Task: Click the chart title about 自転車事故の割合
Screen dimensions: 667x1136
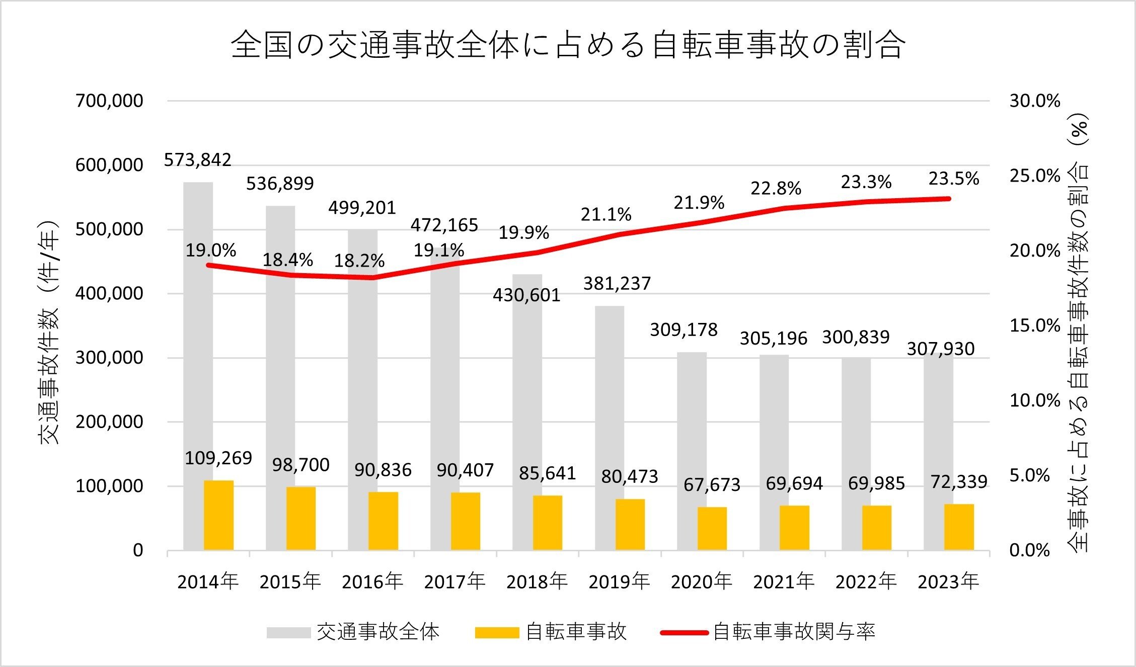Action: (x=568, y=45)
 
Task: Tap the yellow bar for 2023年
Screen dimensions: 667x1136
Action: (x=959, y=527)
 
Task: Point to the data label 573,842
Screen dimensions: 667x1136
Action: (x=198, y=160)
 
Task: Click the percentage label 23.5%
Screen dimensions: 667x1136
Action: (x=953, y=179)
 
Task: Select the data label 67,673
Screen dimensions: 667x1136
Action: (x=712, y=485)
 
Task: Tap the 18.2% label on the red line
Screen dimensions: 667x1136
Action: (x=359, y=261)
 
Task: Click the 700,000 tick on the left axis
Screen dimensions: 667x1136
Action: (x=109, y=101)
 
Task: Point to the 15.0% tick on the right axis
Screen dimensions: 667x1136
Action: (x=1035, y=325)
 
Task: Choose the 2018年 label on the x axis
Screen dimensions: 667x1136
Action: (x=537, y=582)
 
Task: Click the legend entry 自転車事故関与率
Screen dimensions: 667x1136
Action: (x=794, y=632)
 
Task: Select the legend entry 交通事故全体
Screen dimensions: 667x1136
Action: (x=377, y=632)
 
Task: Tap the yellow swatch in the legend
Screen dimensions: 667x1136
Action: (x=497, y=632)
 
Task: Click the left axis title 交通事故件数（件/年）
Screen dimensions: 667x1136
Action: (x=49, y=332)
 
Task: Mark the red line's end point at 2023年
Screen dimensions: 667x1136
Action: (x=949, y=199)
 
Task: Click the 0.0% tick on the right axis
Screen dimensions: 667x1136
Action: (x=1029, y=550)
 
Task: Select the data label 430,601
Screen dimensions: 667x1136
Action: (x=526, y=295)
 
